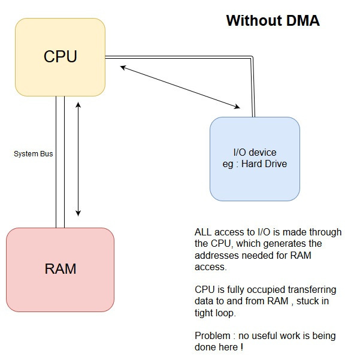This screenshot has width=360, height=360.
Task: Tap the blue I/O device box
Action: (255, 180)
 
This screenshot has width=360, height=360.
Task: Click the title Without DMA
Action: (273, 21)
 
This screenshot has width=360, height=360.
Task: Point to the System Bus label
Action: (34, 154)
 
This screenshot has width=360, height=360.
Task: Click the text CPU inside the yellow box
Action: (60, 57)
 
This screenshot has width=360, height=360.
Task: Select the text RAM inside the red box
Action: (60, 268)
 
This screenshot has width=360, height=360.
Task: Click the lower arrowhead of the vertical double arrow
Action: (78, 213)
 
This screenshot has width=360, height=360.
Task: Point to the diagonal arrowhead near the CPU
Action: (123, 67)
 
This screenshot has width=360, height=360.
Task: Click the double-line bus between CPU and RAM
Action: (60, 162)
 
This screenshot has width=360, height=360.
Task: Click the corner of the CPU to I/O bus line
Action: (253, 58)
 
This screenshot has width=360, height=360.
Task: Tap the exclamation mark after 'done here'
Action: (241, 347)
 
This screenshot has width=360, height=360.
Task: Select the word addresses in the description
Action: (214, 255)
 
